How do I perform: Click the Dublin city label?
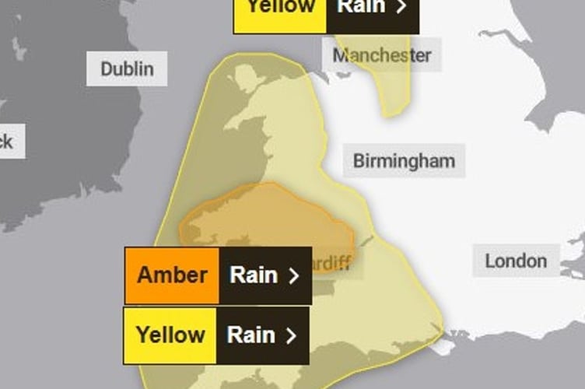[127, 68]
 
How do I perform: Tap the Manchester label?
[381, 55]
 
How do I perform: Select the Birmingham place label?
[404, 161]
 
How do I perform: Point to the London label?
[516, 261]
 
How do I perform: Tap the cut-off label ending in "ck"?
[8, 142]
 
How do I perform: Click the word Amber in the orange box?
[172, 275]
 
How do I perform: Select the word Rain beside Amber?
[253, 275]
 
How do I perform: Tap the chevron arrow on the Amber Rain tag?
[293, 275]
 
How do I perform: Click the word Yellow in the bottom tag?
[170, 335]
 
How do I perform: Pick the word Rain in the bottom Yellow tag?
[250, 335]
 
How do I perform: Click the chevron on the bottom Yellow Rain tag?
[291, 335]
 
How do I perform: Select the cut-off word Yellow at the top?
[281, 7]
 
